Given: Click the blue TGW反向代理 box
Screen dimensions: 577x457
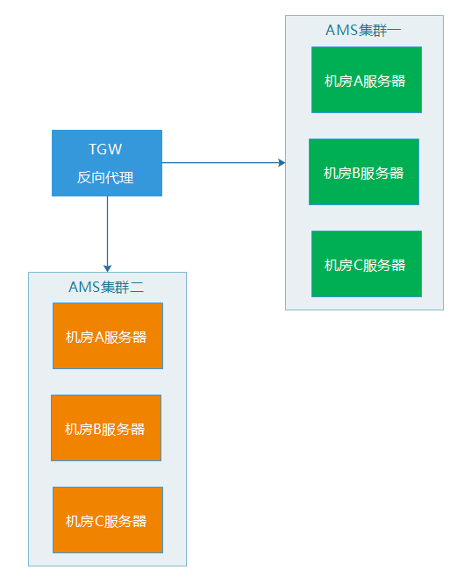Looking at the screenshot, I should (107, 162).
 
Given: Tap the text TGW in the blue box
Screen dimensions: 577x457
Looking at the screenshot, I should (105, 149).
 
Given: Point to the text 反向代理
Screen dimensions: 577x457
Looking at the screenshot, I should (105, 177).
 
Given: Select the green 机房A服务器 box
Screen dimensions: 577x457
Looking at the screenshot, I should (366, 80).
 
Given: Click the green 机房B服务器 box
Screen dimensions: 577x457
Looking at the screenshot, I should (363, 172).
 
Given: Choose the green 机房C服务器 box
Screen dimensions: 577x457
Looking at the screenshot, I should (366, 264).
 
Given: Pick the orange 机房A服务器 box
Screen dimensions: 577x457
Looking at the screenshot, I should (107, 336).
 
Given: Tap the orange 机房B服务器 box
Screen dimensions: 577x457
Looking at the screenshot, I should (105, 428).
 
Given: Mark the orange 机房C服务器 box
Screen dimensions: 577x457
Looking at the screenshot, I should (107, 520).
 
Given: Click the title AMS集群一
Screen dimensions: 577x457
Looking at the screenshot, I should (363, 30).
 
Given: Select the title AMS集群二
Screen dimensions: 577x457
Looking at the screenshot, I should (106, 287).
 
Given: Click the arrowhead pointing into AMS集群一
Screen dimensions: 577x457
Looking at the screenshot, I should (282, 162).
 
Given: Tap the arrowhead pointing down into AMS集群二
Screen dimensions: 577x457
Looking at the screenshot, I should (107, 267).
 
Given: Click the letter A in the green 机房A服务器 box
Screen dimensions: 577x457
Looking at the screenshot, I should (358, 81).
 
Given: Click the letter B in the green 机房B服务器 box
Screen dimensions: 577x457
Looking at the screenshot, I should (356, 173).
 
